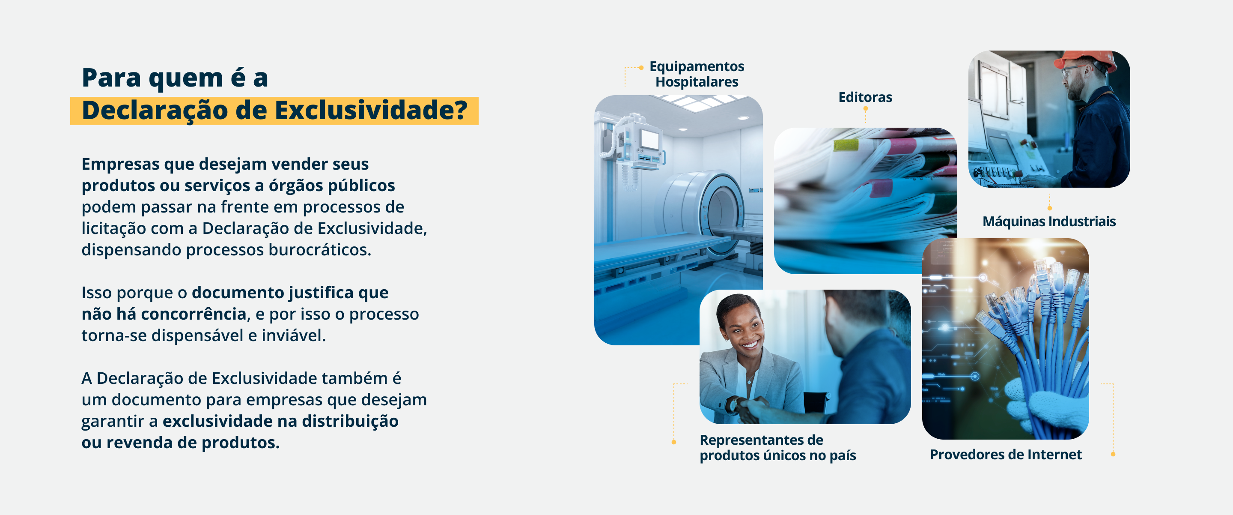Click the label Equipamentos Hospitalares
coord(697,74)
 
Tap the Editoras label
coord(865,97)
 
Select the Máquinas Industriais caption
coord(1049,222)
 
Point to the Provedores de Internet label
coord(1006,454)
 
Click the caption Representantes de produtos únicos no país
coord(778,447)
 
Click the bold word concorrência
coord(194,314)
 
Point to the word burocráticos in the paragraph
coord(320,250)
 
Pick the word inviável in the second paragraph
coord(293,335)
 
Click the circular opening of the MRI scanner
coord(721,214)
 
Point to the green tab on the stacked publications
coord(846,145)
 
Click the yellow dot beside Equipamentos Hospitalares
coord(641,68)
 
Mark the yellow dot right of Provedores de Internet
coord(1113,454)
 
